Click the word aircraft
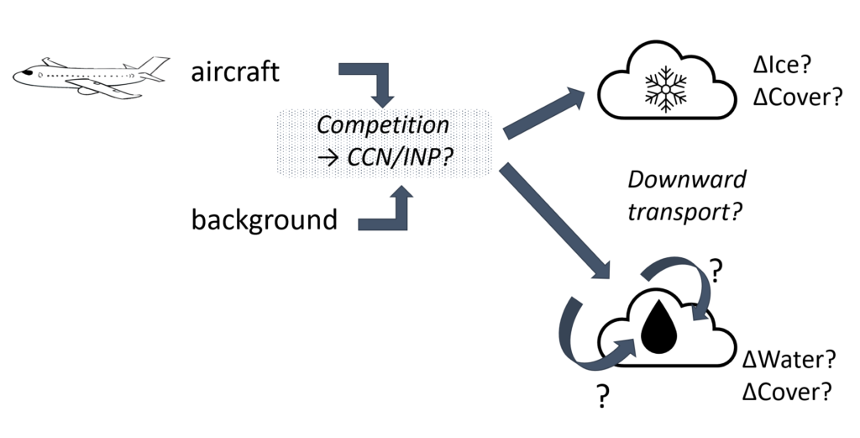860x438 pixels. (x=235, y=72)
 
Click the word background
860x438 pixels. (x=265, y=220)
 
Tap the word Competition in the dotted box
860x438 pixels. (x=383, y=125)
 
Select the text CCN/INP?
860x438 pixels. (x=401, y=157)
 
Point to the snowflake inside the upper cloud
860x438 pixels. (x=666, y=89)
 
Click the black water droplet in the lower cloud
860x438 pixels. (x=658, y=327)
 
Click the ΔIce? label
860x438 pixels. (x=782, y=66)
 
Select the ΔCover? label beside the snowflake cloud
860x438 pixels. (x=798, y=98)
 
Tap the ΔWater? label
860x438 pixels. (x=789, y=360)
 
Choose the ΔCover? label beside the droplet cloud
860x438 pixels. (x=787, y=392)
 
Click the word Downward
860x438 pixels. (x=687, y=179)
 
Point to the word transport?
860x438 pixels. (x=684, y=211)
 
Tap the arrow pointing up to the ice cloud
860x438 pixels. (x=544, y=113)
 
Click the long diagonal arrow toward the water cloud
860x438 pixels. (x=554, y=220)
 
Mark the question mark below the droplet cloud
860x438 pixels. (x=602, y=396)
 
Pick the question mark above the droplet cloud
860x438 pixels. (x=716, y=270)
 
